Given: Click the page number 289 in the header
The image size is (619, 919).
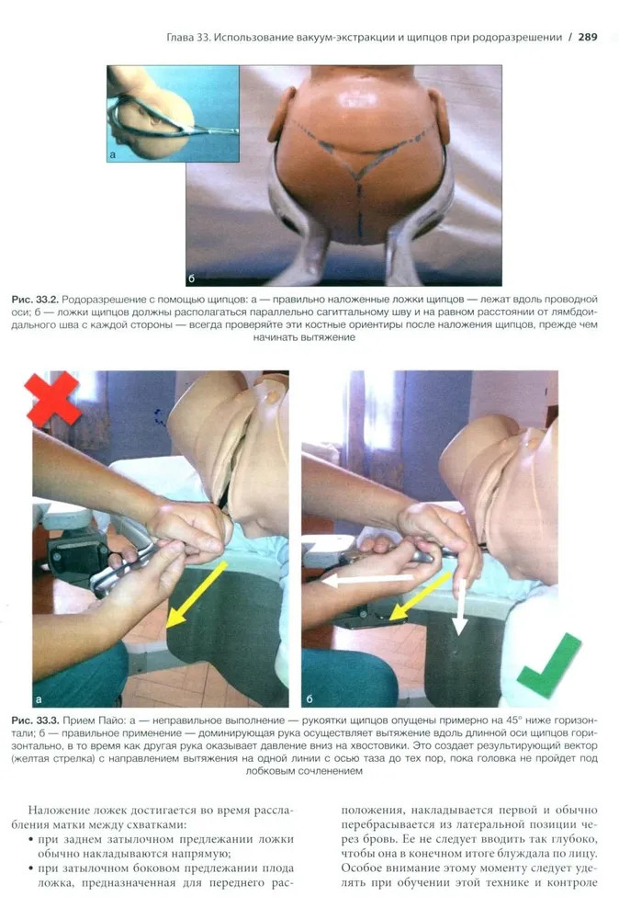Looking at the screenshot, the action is point(588,37).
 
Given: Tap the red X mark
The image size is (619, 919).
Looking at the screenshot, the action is point(52,400).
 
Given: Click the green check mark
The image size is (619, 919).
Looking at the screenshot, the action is point(548,666).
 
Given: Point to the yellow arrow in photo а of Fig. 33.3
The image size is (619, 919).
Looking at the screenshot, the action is point(196,595).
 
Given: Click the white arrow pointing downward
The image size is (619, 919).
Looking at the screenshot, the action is point(460,607).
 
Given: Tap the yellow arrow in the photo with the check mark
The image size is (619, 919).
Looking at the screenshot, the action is point(421,596).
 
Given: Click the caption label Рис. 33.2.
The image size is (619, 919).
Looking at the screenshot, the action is point(35,300).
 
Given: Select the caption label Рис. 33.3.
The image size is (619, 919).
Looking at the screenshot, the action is point(35,720).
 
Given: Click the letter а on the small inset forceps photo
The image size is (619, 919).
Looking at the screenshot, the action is point(113,155).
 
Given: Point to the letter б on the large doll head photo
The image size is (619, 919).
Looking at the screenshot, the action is point(192,278).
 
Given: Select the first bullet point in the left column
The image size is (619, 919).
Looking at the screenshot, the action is point(30,840).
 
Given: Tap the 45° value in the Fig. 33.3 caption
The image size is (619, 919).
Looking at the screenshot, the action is point(513,720).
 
